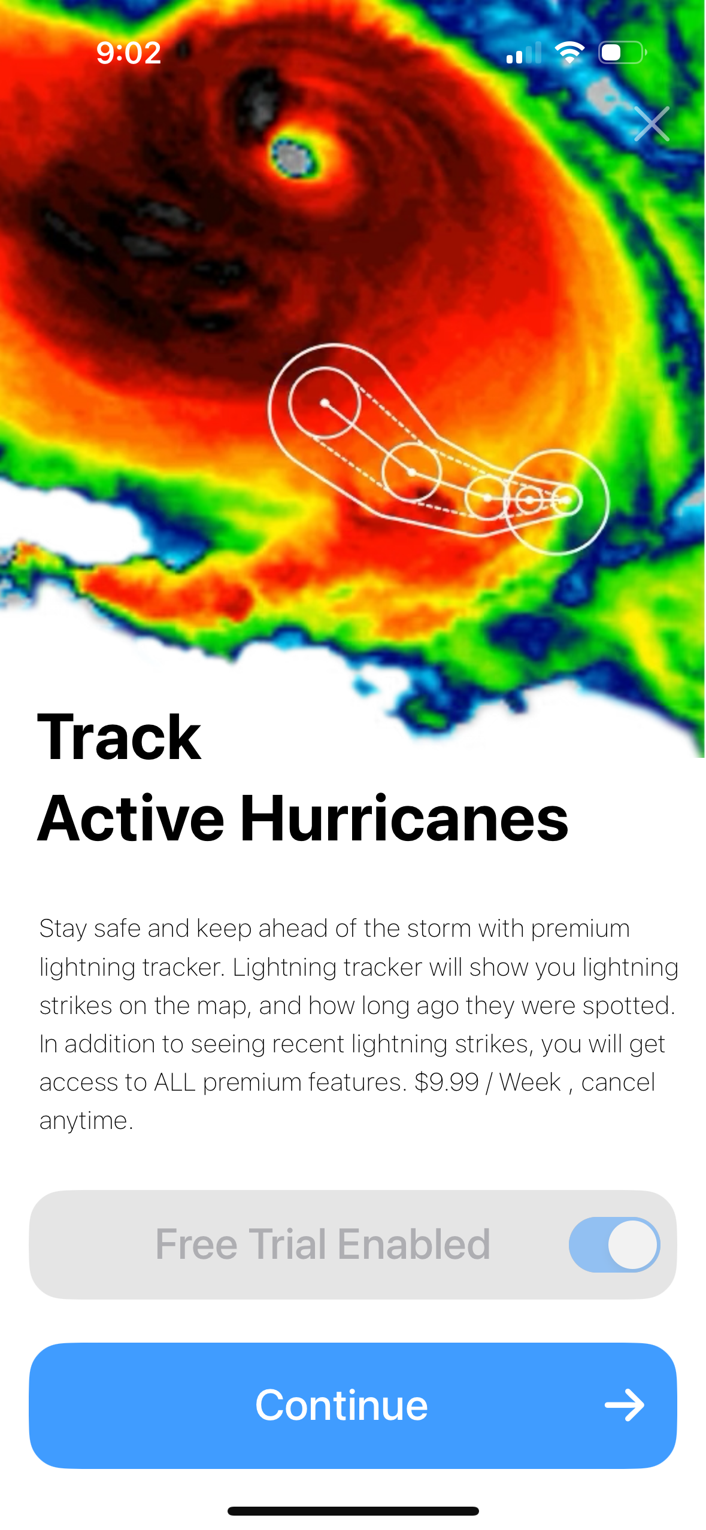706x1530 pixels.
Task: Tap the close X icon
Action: point(652,124)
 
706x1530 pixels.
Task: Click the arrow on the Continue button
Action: point(624,1405)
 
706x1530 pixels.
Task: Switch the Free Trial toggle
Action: point(614,1244)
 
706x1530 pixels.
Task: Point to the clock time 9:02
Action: point(129,53)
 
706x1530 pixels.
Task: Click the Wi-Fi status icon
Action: point(569,53)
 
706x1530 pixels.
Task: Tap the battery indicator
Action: point(622,53)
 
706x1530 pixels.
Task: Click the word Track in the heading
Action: point(119,737)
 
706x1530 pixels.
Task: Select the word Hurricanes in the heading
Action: point(404,818)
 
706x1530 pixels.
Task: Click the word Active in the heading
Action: point(131,818)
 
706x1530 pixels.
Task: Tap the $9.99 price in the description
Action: point(446,1082)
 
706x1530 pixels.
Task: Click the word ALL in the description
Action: point(174,1082)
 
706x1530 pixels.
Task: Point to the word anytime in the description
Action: point(86,1121)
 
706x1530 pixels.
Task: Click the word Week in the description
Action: point(530,1082)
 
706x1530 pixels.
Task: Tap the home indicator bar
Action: point(353,1511)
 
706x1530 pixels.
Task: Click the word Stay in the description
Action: point(63,929)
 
